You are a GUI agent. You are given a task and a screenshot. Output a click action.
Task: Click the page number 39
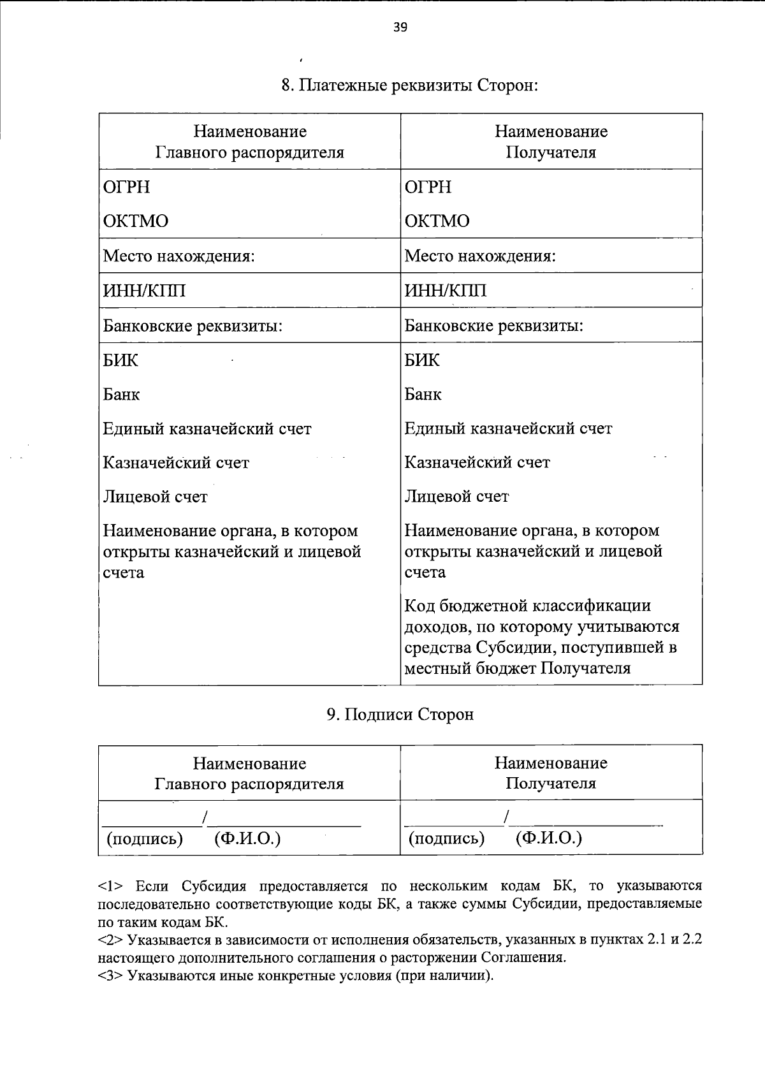(x=400, y=27)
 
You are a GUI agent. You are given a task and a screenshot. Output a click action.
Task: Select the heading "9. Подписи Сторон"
(x=400, y=715)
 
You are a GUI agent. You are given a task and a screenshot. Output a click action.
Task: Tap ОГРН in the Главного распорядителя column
(x=127, y=187)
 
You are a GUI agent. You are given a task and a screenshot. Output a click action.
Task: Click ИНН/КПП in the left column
(x=145, y=291)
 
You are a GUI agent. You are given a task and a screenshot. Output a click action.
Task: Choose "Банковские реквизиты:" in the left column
(x=193, y=326)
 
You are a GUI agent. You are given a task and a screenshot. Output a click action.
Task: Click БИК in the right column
(x=422, y=360)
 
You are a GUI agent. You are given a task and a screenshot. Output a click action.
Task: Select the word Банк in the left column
(x=122, y=395)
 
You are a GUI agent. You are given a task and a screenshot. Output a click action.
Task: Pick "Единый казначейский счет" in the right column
(x=508, y=428)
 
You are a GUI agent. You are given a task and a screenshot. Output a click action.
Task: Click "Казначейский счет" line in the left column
(x=176, y=463)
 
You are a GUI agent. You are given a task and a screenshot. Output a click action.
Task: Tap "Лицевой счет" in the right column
(x=456, y=497)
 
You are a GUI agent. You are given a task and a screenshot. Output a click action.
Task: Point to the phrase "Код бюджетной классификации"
(x=528, y=606)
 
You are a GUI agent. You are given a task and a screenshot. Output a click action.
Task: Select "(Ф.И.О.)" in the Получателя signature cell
(x=548, y=838)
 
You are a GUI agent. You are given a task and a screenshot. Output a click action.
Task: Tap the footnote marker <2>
(x=112, y=940)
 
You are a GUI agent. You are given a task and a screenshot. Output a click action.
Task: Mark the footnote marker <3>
(x=112, y=975)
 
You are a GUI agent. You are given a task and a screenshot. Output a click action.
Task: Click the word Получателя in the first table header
(x=551, y=153)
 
